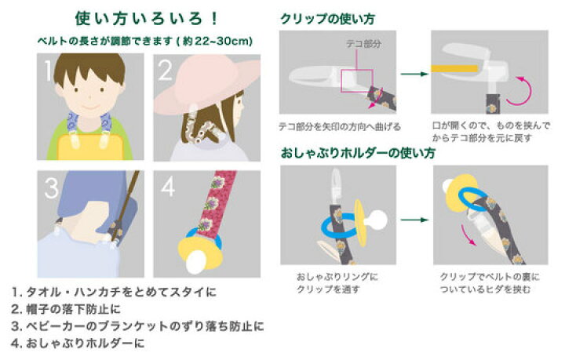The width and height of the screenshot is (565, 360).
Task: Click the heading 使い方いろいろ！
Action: click(146, 18)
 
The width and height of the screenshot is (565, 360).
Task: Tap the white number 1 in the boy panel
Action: click(48, 70)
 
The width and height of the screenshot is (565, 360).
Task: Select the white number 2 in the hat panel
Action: click(166, 70)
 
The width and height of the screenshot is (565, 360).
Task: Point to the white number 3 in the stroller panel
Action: click(52, 188)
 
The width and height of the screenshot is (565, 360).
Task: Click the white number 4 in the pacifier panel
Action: click(168, 187)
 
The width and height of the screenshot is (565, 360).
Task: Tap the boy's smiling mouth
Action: click(90, 107)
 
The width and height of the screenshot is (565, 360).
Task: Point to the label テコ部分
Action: click(363, 44)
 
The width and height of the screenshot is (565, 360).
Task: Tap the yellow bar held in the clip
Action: click(454, 68)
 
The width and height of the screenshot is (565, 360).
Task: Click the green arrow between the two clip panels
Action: click(414, 75)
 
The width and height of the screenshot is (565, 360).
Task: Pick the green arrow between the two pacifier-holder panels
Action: click(414, 220)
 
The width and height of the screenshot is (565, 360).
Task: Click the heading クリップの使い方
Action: click(327, 19)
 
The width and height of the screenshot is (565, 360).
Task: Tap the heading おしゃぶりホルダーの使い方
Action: click(358, 153)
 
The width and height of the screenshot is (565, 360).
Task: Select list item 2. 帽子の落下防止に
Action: click(66, 309)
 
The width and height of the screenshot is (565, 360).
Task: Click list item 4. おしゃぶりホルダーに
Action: click(78, 343)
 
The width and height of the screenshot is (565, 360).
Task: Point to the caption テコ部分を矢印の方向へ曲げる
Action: click(340, 127)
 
